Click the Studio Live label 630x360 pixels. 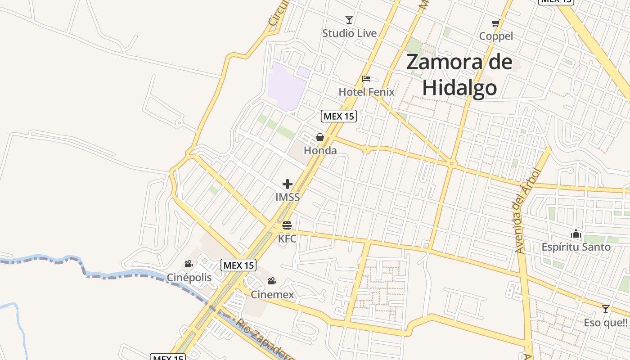pyautogui.click(x=349, y=33)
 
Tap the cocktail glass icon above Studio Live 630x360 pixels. pyautogui.click(x=349, y=19)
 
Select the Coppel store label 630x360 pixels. pyautogui.click(x=496, y=36)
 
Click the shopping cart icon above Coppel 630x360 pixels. pyautogui.click(x=496, y=23)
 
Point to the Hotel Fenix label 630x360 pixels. pyautogui.click(x=366, y=92)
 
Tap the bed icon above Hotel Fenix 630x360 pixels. pyautogui.click(x=366, y=79)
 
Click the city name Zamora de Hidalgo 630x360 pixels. pyautogui.click(x=459, y=75)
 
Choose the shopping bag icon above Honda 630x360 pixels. pyautogui.click(x=320, y=137)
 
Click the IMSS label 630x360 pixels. pyautogui.click(x=288, y=197)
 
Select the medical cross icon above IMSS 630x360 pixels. pyautogui.click(x=288, y=184)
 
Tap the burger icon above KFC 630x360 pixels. pyautogui.click(x=287, y=225)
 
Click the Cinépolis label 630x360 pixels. pyautogui.click(x=189, y=277)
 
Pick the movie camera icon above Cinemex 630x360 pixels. pyautogui.click(x=272, y=281)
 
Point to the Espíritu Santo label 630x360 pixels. pyautogui.click(x=576, y=247)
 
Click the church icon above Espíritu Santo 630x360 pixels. pyautogui.click(x=576, y=234)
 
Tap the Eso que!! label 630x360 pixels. pyautogui.click(x=606, y=322)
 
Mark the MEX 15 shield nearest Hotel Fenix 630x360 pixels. pyautogui.click(x=339, y=116)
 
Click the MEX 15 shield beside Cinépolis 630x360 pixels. pyautogui.click(x=238, y=265)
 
